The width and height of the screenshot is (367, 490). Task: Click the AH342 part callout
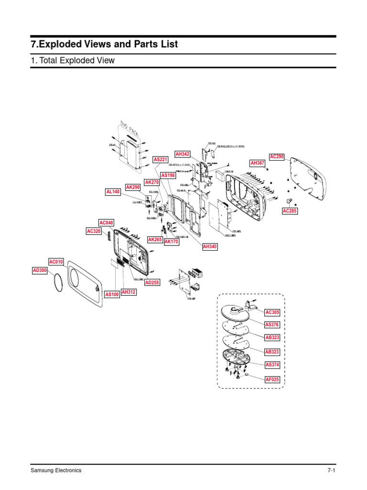(x=183, y=154)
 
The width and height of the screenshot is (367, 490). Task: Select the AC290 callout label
(x=277, y=156)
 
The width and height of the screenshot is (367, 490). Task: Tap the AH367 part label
(x=258, y=163)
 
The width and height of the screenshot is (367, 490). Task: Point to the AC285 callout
(x=290, y=211)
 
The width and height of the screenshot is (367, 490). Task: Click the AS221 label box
(x=160, y=159)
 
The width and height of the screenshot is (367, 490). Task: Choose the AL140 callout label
(x=113, y=192)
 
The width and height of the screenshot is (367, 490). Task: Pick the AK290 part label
(x=132, y=187)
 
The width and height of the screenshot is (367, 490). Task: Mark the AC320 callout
(x=94, y=231)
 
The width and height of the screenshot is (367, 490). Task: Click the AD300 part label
(x=40, y=270)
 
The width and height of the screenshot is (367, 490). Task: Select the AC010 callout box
(x=56, y=262)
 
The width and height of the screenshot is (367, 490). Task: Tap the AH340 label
(x=210, y=246)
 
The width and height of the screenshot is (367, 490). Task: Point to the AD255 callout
(x=152, y=283)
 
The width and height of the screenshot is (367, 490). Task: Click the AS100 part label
(x=112, y=294)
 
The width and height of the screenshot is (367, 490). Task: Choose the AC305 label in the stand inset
(x=272, y=312)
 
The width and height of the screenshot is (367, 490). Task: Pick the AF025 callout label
(x=272, y=379)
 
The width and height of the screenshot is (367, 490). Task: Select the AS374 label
(x=272, y=365)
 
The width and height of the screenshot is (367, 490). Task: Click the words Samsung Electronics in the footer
(x=56, y=470)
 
